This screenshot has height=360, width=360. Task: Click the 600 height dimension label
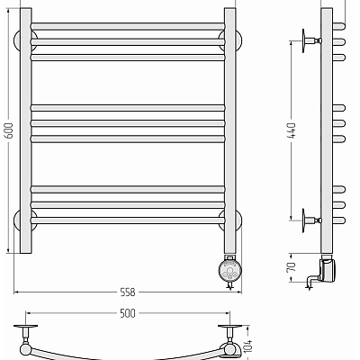(9, 130)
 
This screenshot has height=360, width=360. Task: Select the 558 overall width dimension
(128, 292)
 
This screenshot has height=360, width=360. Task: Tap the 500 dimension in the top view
(128, 313)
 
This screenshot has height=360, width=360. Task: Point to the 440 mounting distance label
(292, 130)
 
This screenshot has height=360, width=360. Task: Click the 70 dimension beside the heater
(292, 266)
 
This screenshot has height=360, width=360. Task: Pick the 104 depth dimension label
(248, 346)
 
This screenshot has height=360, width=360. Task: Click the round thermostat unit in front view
(229, 270)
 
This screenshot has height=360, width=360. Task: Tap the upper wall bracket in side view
(311, 40)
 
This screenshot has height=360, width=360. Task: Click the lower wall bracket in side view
(311, 220)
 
